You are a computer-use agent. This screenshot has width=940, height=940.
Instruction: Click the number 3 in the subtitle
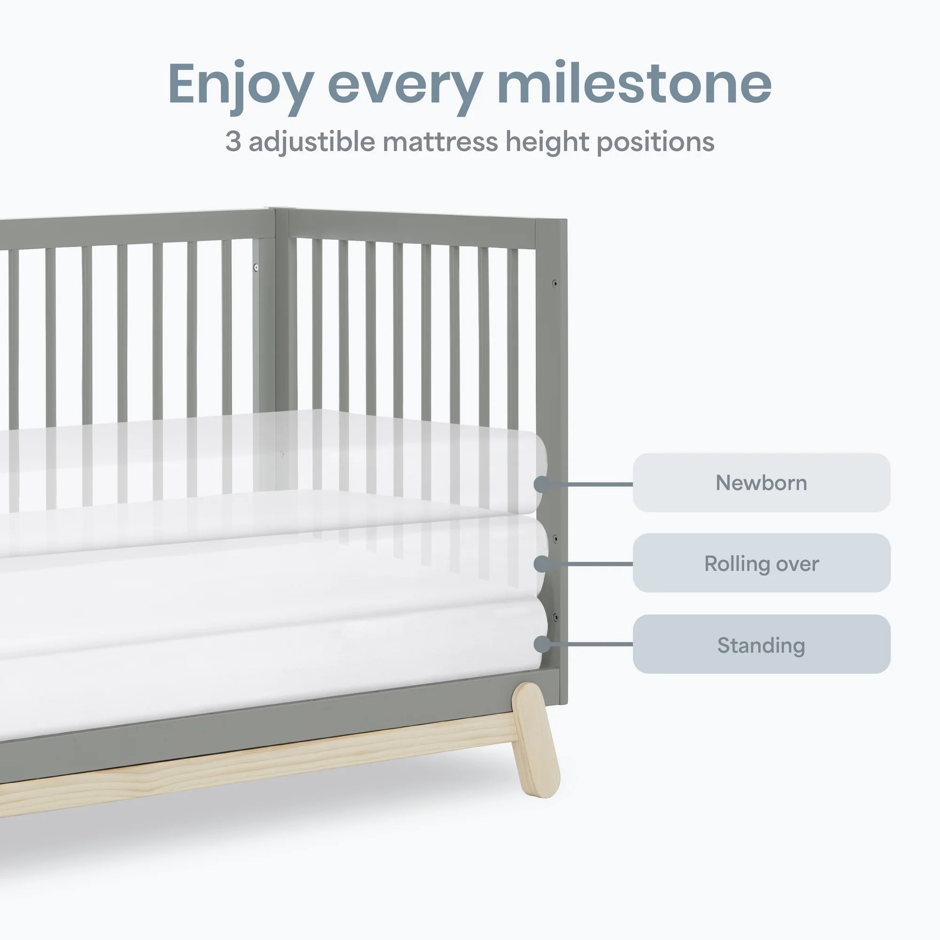tap(233, 141)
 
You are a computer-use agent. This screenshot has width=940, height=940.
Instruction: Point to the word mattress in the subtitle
tap(440, 141)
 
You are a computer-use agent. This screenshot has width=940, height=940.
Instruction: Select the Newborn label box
tap(761, 483)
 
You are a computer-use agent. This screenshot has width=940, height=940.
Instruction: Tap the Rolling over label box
tap(761, 564)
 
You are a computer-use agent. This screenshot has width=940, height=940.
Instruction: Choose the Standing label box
tap(761, 645)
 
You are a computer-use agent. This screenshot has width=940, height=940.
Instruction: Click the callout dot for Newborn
tap(542, 485)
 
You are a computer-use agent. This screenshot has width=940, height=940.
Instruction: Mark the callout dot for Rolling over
tap(542, 564)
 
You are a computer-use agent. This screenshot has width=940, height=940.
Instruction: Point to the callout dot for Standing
tap(542, 644)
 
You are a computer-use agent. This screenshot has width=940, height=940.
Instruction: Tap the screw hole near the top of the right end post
tap(554, 282)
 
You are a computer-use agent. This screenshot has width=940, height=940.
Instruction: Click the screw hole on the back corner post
tap(257, 267)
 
